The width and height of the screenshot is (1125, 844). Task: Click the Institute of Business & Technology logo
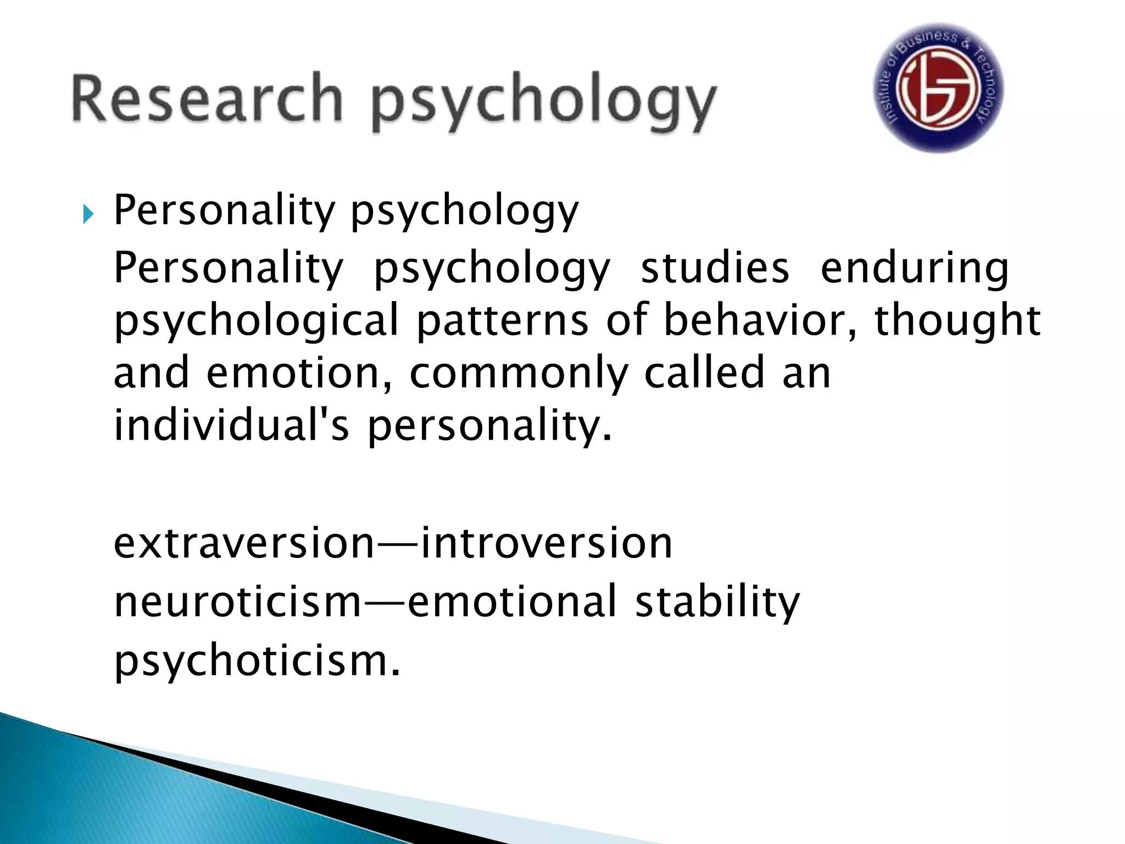(x=939, y=88)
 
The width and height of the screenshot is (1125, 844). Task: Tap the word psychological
(x=256, y=321)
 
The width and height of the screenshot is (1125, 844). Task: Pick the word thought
(x=957, y=321)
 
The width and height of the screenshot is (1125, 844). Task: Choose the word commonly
(x=519, y=374)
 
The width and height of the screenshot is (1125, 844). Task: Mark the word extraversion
(x=244, y=543)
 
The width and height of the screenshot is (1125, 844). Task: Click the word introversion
(x=547, y=543)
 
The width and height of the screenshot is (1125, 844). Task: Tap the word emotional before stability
(x=512, y=602)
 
